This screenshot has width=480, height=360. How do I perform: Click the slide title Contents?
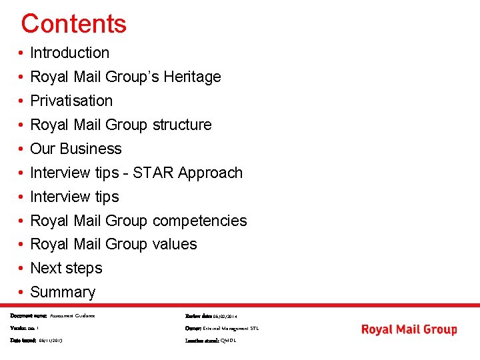pos(73,24)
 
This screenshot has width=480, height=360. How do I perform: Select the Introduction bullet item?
pos(69,53)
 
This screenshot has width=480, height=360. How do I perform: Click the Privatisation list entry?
pos(71,101)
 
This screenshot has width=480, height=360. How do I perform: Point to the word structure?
pos(182,125)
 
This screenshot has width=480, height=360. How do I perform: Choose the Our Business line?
pos(76,149)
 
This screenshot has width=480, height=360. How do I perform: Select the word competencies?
pos(199,221)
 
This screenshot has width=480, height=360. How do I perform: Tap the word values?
pos(175,244)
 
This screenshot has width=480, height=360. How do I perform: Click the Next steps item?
pos(66,268)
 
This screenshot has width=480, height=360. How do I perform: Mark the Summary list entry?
pos(63,292)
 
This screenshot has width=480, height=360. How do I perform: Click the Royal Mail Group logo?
pos(409,329)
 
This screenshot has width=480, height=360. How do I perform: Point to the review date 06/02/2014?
pos(225,316)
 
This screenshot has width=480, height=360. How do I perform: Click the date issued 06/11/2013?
pos(51,340)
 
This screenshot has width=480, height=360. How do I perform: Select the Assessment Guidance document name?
pos(73,315)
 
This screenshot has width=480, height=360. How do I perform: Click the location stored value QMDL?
pos(228,340)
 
